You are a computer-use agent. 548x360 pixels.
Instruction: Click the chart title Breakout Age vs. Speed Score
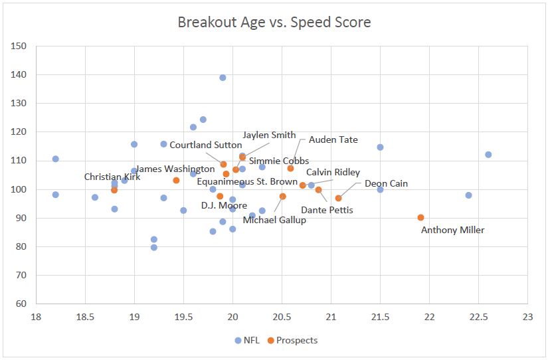click(x=274, y=22)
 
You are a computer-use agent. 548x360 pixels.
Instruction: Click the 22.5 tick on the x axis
click(x=478, y=317)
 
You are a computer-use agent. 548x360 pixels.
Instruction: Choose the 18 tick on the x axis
click(x=36, y=317)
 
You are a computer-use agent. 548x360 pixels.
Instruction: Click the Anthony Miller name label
click(x=453, y=230)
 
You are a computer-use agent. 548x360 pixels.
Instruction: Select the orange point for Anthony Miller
click(x=420, y=217)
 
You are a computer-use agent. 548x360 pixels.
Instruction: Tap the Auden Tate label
click(x=333, y=140)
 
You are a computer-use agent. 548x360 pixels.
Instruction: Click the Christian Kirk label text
click(x=111, y=177)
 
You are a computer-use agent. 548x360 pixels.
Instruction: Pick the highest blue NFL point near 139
click(x=223, y=78)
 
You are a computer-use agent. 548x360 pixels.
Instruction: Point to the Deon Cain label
click(x=386, y=183)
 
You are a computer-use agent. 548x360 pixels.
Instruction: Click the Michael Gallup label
click(x=274, y=220)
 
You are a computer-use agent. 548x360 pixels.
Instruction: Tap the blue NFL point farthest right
click(x=488, y=155)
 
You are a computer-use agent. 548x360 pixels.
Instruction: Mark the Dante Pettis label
click(x=327, y=211)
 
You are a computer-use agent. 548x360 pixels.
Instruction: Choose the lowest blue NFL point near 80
click(x=154, y=248)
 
